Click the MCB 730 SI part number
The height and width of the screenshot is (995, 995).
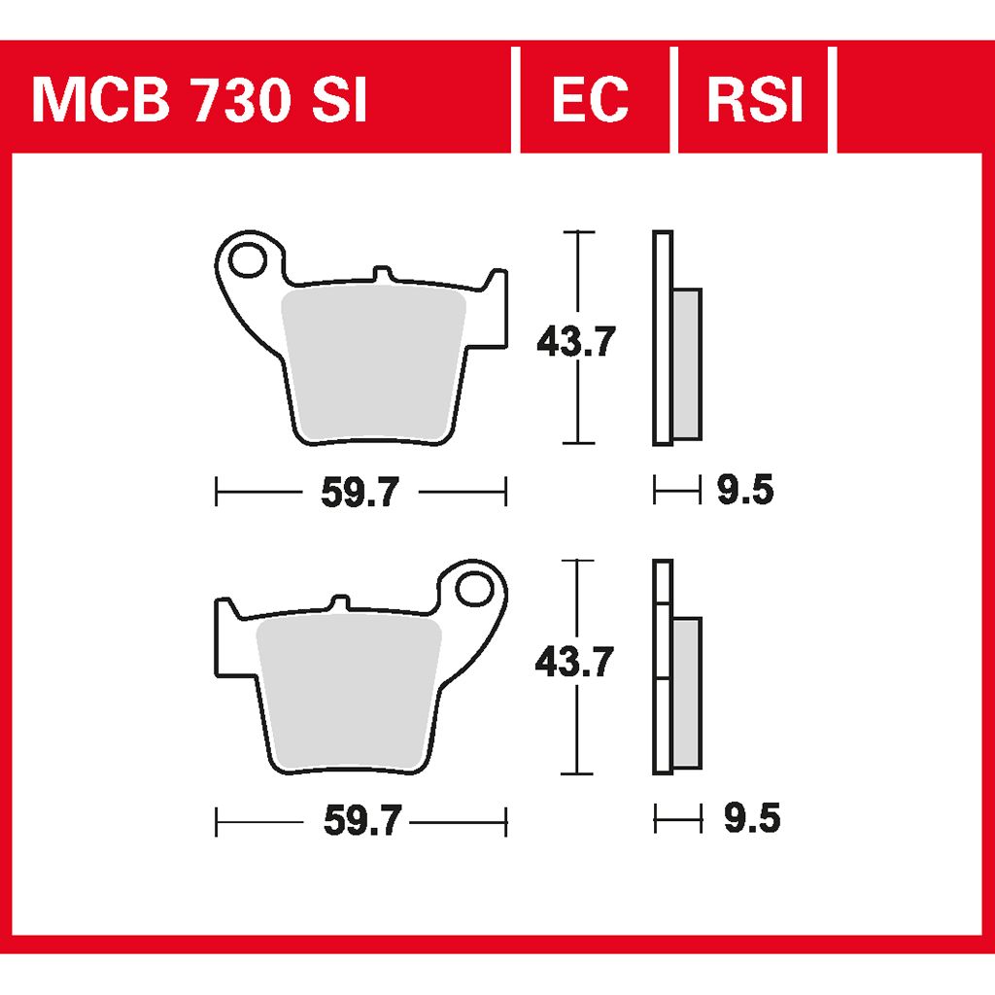click(x=199, y=100)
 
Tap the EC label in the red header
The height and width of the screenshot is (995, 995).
click(x=590, y=100)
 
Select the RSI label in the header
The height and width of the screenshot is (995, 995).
click(x=755, y=100)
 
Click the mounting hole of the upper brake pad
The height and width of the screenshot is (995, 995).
click(x=247, y=259)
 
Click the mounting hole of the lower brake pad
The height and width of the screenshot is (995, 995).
click(x=474, y=588)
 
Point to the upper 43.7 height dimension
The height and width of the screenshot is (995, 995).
click(x=575, y=342)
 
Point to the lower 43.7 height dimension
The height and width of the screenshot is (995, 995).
click(x=574, y=662)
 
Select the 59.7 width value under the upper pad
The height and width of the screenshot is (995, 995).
click(x=360, y=492)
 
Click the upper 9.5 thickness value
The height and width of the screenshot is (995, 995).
click(x=745, y=491)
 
